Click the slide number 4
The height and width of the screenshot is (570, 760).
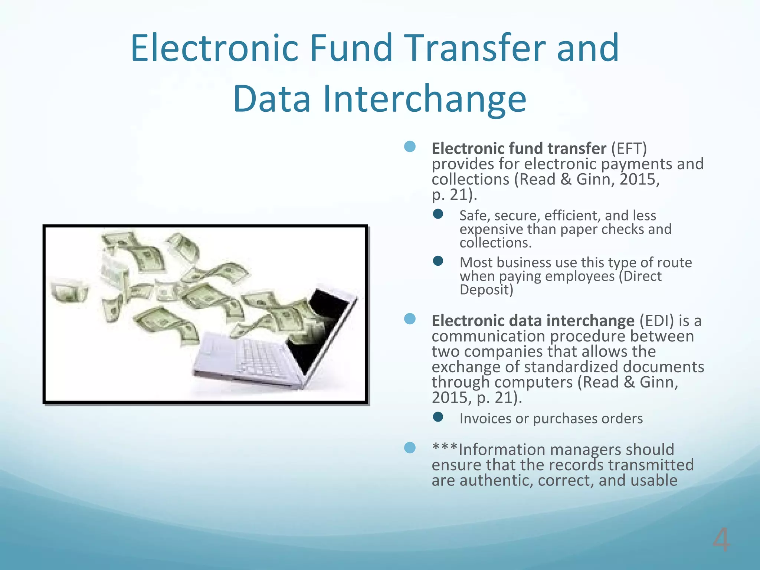[x=721, y=540]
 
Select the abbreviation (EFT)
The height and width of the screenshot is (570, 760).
[x=629, y=148]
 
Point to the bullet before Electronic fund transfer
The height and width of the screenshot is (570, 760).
[x=410, y=147]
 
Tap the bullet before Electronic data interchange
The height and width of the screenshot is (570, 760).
[x=410, y=319]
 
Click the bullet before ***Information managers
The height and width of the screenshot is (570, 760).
[x=410, y=448]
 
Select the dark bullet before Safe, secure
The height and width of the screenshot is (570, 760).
[x=438, y=214]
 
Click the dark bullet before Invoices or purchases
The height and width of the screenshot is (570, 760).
[x=438, y=417]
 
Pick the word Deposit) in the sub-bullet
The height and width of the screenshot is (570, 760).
[x=486, y=290]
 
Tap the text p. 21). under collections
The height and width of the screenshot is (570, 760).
[x=454, y=195]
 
